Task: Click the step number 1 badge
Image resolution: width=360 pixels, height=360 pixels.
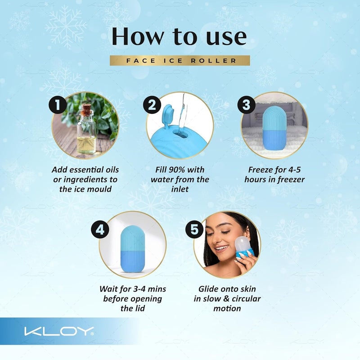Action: click(58, 104)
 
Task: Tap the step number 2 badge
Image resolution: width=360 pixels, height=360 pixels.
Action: click(152, 105)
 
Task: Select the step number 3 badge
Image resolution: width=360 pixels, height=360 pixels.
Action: click(247, 105)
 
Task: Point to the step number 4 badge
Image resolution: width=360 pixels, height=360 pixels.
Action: click(100, 229)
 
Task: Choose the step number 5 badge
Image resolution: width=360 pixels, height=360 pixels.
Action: click(194, 229)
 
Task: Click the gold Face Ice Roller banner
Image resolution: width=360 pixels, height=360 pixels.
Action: click(180, 61)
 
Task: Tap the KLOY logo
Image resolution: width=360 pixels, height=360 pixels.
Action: click(59, 331)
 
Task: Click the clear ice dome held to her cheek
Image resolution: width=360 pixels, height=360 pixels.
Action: click(244, 245)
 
